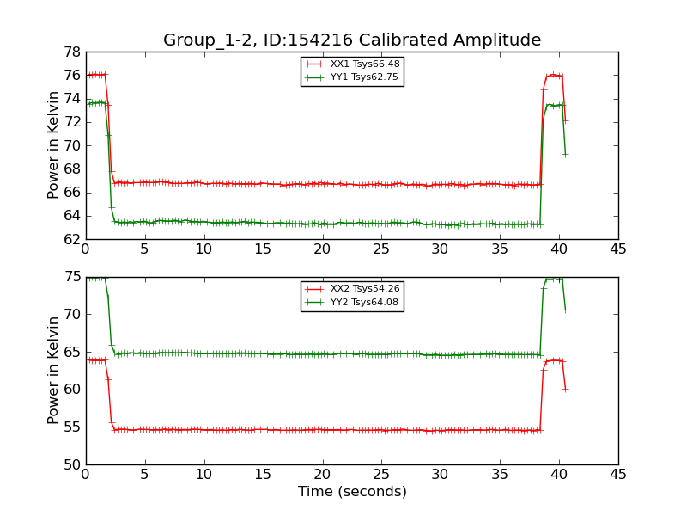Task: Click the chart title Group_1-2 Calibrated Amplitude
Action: (x=352, y=40)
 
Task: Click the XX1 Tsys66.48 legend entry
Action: (x=353, y=64)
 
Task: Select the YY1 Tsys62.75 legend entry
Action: (x=353, y=77)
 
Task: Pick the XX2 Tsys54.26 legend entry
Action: (x=353, y=288)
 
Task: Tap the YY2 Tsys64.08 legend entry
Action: (x=353, y=302)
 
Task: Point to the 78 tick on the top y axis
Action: (x=72, y=52)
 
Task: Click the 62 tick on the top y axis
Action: (x=72, y=240)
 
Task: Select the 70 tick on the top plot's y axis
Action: (x=72, y=145)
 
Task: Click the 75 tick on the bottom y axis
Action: (x=72, y=277)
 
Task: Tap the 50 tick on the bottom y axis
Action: (x=72, y=464)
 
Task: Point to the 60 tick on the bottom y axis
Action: (x=72, y=390)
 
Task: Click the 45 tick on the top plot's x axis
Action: (x=618, y=249)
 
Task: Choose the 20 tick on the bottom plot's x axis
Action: (x=323, y=475)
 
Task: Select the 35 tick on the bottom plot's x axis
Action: (x=500, y=475)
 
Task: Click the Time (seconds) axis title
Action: (x=352, y=491)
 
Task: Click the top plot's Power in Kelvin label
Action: (x=53, y=145)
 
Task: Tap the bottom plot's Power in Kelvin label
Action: (x=53, y=371)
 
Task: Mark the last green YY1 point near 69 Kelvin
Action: (x=565, y=155)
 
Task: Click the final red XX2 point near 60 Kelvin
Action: (x=565, y=390)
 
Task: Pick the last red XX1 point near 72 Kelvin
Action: (x=565, y=120)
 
